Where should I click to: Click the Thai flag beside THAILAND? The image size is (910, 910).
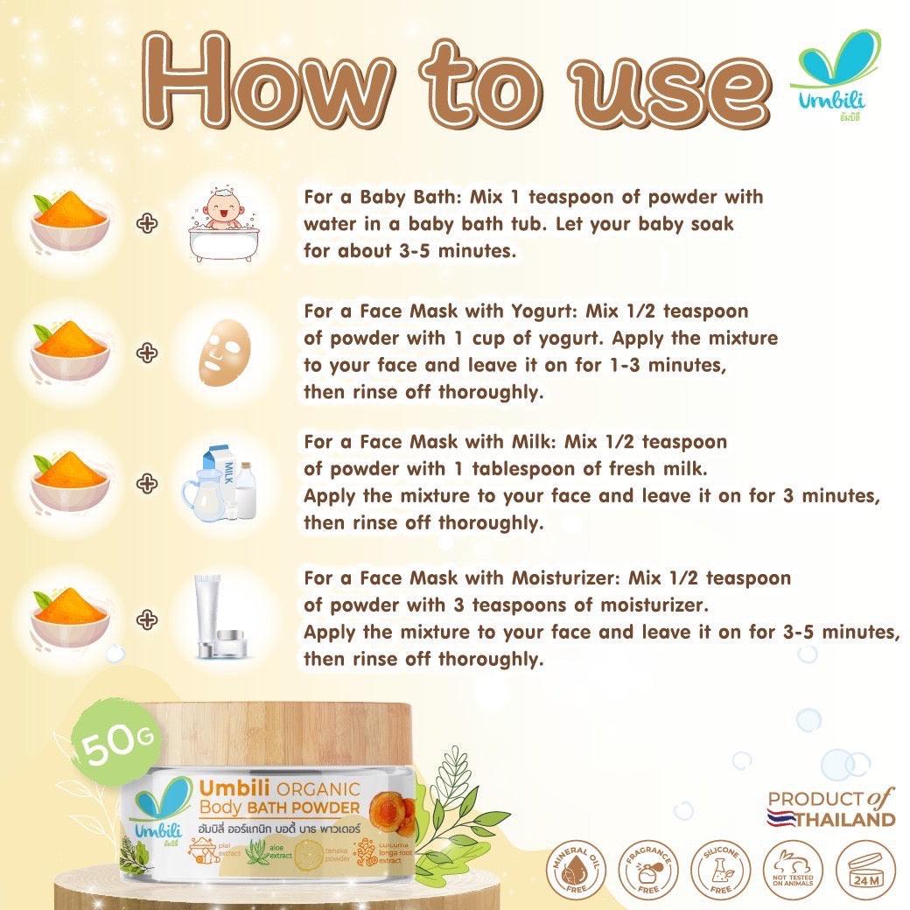(x=782, y=820)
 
